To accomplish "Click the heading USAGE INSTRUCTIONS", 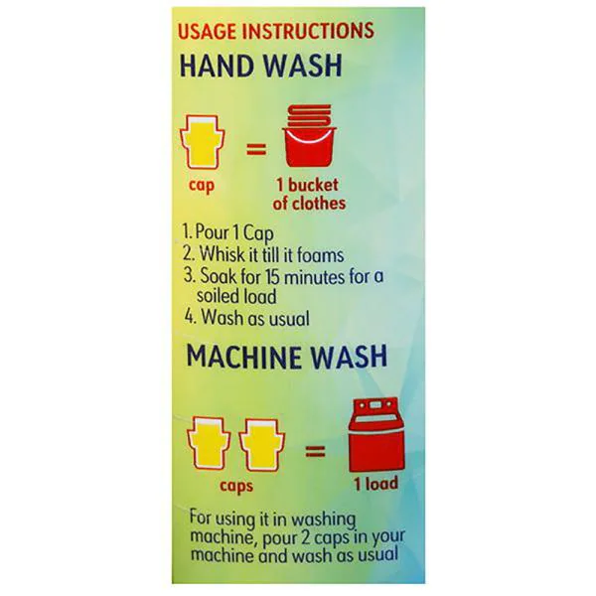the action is point(276,31).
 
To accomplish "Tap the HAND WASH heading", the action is point(260,66).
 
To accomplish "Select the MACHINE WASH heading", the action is point(287,356).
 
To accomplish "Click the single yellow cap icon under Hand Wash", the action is point(203,142).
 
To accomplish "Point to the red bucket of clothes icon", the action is point(309,136).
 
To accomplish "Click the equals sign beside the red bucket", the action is point(256,149).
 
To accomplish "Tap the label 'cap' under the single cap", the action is point(202,186).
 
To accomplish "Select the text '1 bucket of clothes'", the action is point(309,195).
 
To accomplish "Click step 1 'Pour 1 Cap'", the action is point(227,232).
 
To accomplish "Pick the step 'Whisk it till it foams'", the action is point(263,254).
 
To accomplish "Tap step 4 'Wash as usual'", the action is point(246,318).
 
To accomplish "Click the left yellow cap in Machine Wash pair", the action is point(209,443).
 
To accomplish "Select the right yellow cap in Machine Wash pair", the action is point(262,445).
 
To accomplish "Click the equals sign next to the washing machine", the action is point(316,452).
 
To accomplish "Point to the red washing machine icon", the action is point(376,435).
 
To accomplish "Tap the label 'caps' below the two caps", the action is point(236,486).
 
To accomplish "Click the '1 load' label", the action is point(376,484).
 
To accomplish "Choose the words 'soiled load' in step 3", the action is point(236,296).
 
